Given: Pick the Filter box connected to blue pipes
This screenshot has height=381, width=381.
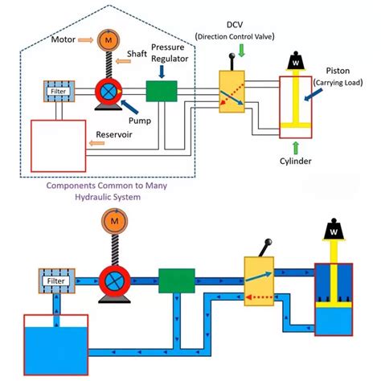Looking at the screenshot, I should coord(54,281).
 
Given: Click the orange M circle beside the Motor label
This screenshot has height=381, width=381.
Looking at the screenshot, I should coord(108,39).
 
